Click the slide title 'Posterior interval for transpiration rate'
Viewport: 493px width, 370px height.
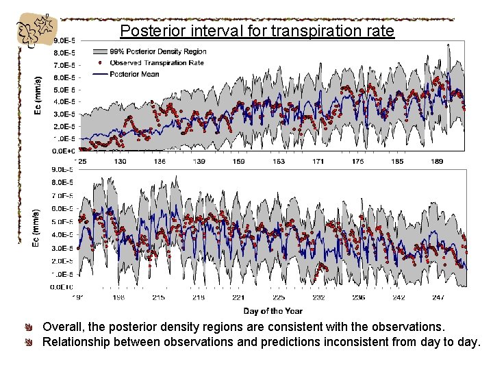point(257,31)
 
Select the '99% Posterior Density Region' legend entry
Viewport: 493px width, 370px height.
point(157,52)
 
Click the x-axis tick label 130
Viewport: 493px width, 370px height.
point(120,161)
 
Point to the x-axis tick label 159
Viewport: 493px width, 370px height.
point(239,161)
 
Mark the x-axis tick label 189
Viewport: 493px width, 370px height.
point(437,161)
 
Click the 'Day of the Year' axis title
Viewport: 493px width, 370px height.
point(273,311)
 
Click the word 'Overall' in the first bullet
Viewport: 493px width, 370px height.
point(63,327)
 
